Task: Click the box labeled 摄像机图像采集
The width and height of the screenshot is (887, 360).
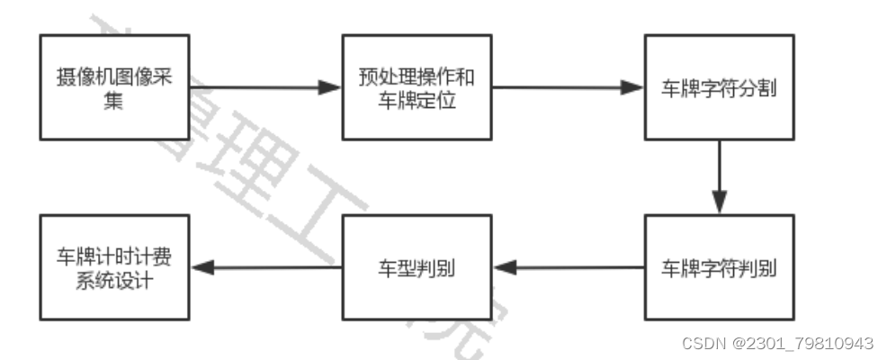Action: [114, 87]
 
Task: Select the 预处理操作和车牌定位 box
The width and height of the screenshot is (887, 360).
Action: [417, 87]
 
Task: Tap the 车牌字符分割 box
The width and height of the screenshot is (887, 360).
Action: [719, 87]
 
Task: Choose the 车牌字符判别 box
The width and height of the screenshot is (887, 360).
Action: [719, 268]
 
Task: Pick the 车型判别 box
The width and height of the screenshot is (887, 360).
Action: [417, 268]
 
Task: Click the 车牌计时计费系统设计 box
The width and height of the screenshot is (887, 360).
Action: [114, 268]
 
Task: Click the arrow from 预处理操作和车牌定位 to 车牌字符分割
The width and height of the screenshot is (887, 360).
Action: [568, 88]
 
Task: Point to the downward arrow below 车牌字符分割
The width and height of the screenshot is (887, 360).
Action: [719, 176]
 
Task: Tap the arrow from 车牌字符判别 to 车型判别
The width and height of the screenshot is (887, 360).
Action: [568, 268]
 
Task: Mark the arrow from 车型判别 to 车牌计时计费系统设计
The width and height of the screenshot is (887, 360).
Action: [265, 268]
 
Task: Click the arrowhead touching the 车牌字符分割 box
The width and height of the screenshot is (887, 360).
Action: [633, 88]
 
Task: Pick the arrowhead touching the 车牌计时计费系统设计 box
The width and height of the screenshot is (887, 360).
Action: [201, 268]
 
